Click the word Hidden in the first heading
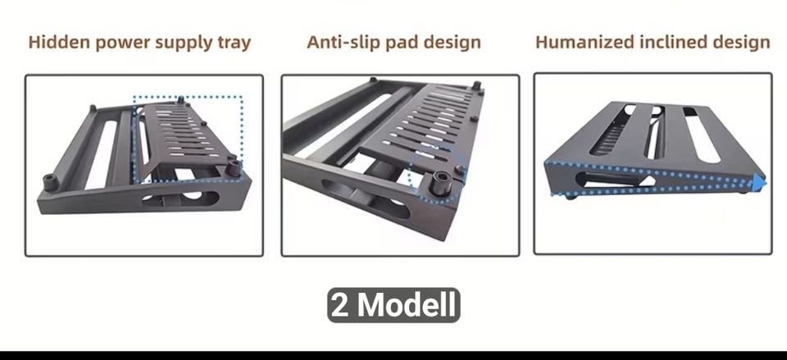point(60,42)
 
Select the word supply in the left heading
point(180,43)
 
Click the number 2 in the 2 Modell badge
point(340,305)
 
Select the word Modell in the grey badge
point(407,305)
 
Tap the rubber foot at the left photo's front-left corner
point(50,182)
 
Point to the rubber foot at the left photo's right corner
point(233,166)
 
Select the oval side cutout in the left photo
point(180,198)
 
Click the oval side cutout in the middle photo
point(365,198)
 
